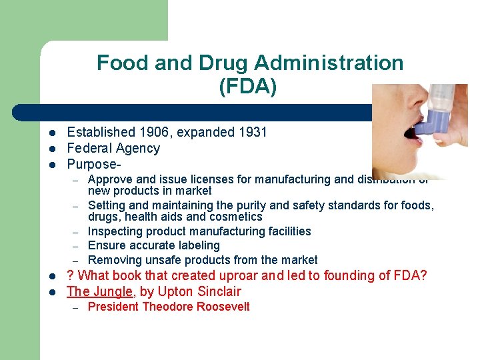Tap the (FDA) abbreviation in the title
pyautogui.click(x=247, y=87)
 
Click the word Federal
pyautogui.click(x=90, y=148)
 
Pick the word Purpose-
pyautogui.click(x=95, y=164)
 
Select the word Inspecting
pyautogui.click(x=115, y=231)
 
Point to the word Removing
pyautogui.click(x=112, y=260)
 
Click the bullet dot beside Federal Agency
pyautogui.click(x=51, y=148)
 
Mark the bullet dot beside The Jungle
pyautogui.click(x=51, y=291)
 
